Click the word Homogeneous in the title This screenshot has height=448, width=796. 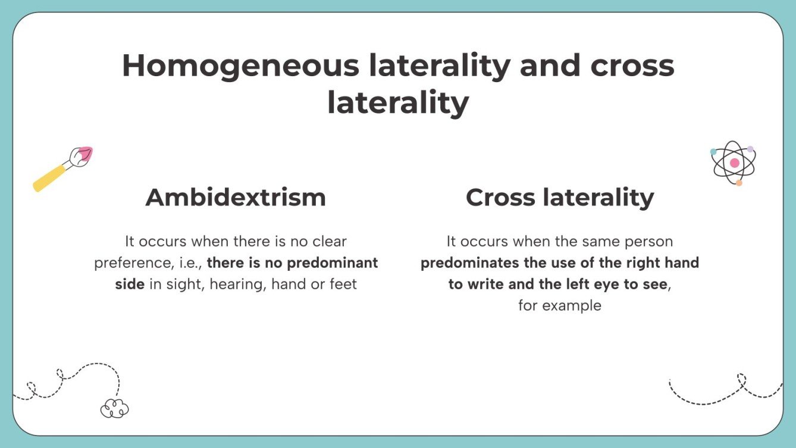[240, 65]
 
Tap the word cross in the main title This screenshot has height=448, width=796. [632, 65]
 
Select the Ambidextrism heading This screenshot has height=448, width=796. [236, 198]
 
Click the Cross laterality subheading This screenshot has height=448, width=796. [559, 198]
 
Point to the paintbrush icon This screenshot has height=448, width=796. [62, 169]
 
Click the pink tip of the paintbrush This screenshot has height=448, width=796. [85, 153]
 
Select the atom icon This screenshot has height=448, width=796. [734, 163]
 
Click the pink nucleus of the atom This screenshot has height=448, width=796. [735, 162]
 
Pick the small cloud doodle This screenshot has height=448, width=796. [115, 408]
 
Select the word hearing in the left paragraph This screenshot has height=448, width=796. [241, 284]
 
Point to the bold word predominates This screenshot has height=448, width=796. [469, 263]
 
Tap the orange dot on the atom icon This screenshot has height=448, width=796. [739, 183]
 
